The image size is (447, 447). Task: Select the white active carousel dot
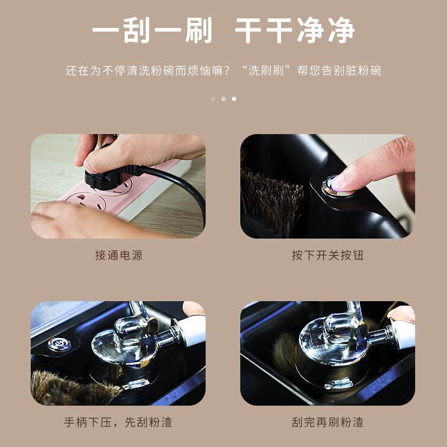pos(234,99)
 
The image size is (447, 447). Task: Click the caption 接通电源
pos(118,255)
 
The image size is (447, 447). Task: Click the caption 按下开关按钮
pos(327,255)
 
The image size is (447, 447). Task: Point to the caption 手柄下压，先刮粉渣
pos(118,422)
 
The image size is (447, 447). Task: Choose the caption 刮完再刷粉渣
pos(327,422)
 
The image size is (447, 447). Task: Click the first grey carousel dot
pos(213,99)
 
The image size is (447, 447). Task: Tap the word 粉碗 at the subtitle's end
pos(370,72)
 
